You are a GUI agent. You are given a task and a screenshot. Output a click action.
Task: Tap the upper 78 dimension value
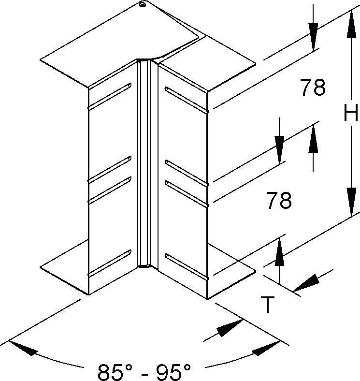[313, 87]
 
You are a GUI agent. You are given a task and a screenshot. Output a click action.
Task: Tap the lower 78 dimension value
[279, 200]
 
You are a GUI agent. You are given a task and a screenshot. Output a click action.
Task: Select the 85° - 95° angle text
[144, 371]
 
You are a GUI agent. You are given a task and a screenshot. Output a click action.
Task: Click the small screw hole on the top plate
[143, 5]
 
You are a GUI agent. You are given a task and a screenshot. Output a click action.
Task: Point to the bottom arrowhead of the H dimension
[351, 202]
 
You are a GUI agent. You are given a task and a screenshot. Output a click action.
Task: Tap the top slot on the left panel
[110, 96]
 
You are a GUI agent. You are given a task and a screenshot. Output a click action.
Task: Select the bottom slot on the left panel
[110, 263]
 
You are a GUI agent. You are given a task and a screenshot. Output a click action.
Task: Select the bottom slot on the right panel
[187, 267]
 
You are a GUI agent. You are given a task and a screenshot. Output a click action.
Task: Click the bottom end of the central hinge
[144, 266]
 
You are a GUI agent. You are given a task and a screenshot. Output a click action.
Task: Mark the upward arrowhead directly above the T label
[279, 252]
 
